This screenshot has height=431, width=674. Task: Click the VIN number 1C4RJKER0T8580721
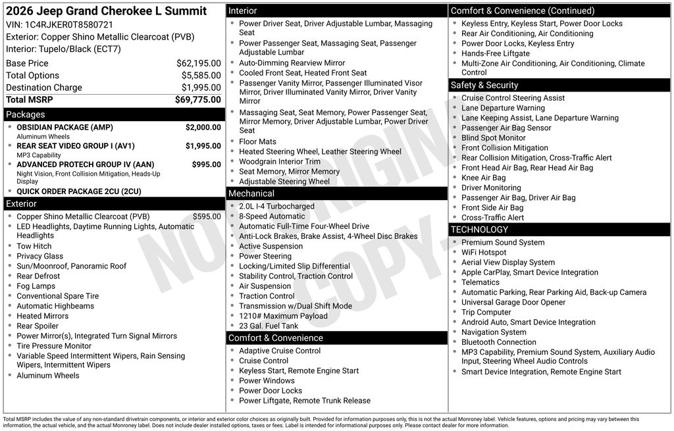click(x=64, y=25)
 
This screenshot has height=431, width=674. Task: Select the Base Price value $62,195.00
click(x=198, y=63)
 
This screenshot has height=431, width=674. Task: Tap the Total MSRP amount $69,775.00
click(x=197, y=99)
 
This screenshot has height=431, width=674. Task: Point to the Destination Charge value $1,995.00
click(x=201, y=88)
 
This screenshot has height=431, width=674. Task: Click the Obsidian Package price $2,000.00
click(x=203, y=127)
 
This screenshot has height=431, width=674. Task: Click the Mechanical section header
click(x=251, y=193)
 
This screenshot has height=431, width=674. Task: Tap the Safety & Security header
click(x=484, y=85)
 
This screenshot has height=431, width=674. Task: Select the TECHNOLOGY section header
click(x=479, y=229)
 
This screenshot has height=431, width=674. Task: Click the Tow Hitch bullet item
click(x=34, y=246)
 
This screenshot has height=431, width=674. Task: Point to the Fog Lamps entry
click(x=36, y=286)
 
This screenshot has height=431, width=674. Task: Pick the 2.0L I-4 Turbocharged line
click(x=276, y=207)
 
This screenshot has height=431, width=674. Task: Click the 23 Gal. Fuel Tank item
click(x=269, y=326)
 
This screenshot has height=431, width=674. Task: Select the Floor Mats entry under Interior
click(x=257, y=141)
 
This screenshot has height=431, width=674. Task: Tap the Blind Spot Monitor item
click(x=493, y=138)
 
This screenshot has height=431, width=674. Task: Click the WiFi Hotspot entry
click(x=484, y=253)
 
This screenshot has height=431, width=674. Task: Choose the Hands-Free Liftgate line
click(x=495, y=53)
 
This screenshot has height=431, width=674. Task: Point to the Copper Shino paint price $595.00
click(x=207, y=216)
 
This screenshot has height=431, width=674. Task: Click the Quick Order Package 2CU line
click(x=79, y=191)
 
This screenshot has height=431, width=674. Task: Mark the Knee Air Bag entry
click(x=483, y=178)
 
